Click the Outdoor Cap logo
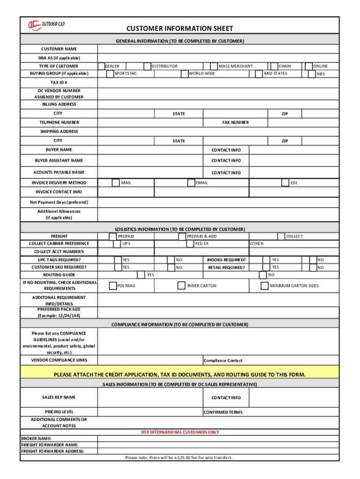tap(46, 25)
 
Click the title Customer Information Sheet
tap(180, 29)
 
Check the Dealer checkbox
tap(101, 66)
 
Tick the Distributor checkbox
tap(147, 66)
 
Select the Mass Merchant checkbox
tap(214, 66)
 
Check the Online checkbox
tap(309, 66)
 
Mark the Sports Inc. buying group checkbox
tap(110, 74)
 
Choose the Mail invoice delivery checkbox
tap(115, 182)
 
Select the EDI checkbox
tap(285, 182)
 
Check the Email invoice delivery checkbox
tap(191, 182)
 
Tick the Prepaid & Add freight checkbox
tap(183, 236)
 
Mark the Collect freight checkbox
tap(281, 236)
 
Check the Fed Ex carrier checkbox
tap(190, 244)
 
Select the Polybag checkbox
tap(113, 285)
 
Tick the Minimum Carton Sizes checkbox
tap(265, 285)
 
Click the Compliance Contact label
tap(223, 361)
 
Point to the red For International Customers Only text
tap(180, 432)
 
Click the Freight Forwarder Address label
tap(53, 451)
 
